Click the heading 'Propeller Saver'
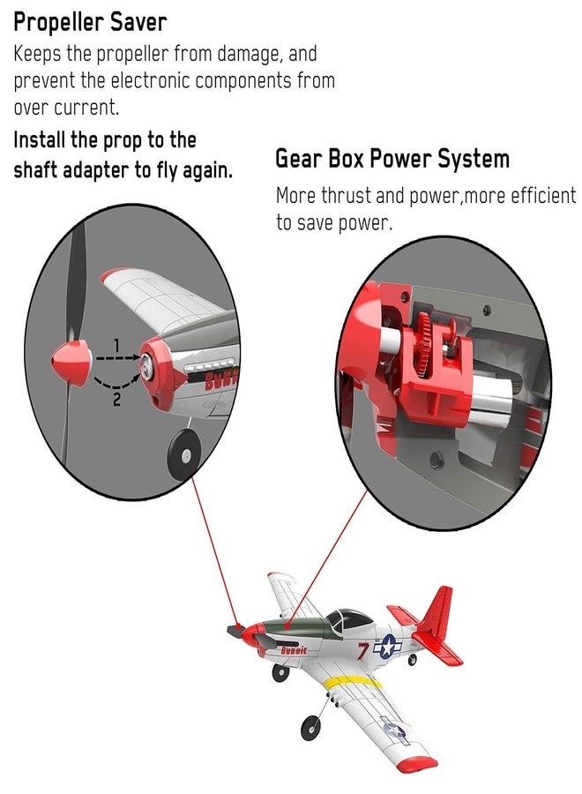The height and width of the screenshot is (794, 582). [x=90, y=23]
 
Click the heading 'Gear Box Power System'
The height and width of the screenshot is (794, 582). [x=392, y=159]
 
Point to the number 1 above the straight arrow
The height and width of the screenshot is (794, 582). [x=116, y=345]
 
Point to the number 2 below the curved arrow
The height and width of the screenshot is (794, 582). [x=116, y=400]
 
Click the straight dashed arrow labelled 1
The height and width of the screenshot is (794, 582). [x=118, y=357]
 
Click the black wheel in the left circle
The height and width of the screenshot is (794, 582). [x=183, y=454]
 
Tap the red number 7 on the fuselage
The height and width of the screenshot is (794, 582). [x=362, y=651]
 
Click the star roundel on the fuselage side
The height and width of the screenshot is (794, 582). [x=388, y=647]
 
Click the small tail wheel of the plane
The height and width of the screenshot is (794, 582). [x=413, y=659]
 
